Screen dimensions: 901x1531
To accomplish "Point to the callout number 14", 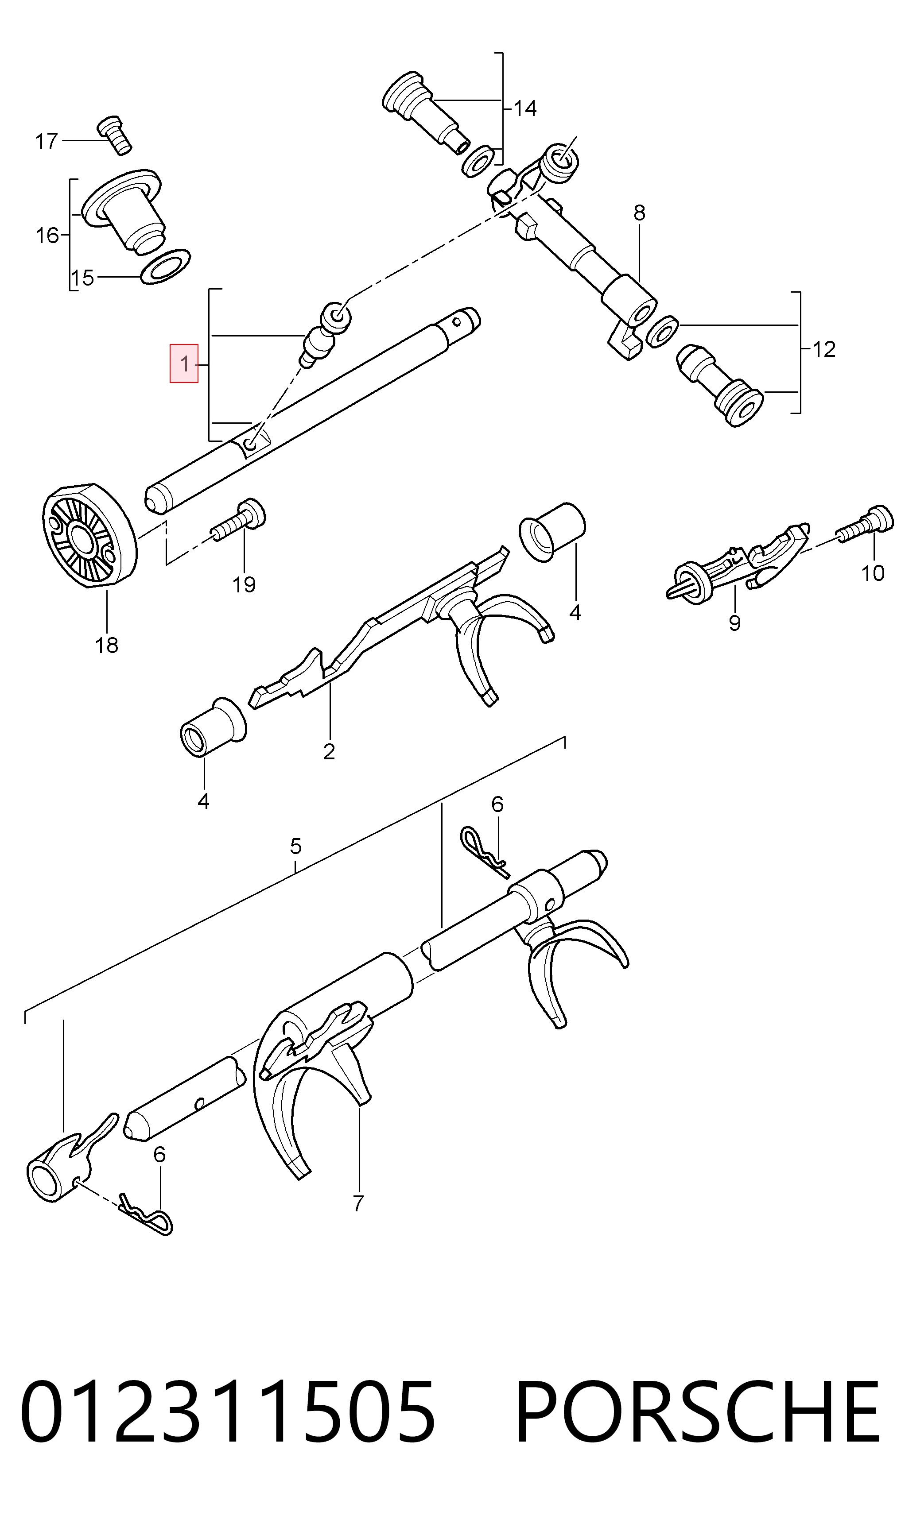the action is click(525, 109).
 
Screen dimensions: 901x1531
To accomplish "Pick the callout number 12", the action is click(824, 349).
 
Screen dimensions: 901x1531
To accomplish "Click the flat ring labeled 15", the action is click(165, 266).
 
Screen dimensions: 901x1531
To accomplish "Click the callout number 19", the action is click(244, 585).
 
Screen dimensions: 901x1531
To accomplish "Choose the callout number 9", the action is click(734, 623).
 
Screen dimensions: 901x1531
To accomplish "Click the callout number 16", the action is click(47, 236).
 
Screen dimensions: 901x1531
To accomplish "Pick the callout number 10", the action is click(873, 573).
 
